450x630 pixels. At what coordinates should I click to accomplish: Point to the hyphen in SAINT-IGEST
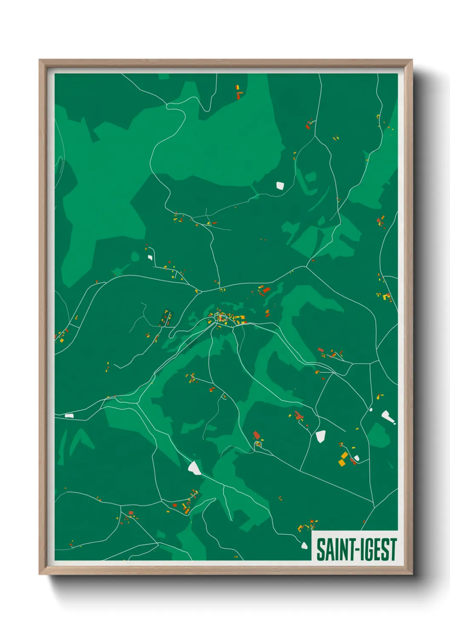[353, 550]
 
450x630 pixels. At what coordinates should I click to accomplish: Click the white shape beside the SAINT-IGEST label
[304, 545]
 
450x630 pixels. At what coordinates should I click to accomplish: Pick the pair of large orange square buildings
[343, 458]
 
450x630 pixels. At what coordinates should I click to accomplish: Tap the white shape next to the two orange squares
[356, 458]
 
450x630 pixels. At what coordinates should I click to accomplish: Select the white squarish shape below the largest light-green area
[279, 185]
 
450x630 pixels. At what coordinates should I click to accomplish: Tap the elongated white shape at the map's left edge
[69, 415]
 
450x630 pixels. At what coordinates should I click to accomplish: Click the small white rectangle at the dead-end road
[150, 257]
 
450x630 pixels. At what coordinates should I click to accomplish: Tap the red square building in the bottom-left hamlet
[131, 513]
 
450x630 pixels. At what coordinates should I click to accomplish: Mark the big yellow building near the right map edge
[387, 296]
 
